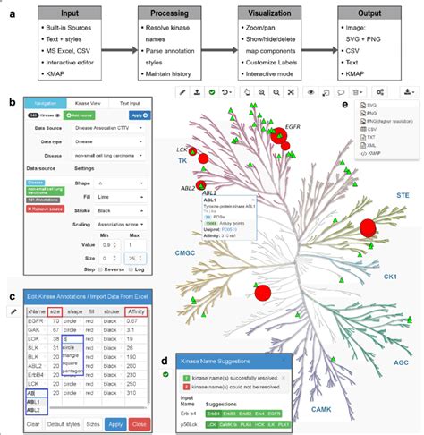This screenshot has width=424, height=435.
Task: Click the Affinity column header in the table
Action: [x=137, y=309]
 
